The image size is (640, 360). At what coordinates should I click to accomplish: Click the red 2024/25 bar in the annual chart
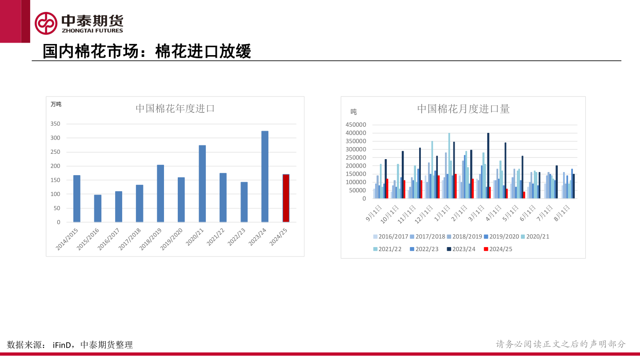(x=286, y=198)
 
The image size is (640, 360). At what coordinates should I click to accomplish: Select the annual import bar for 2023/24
(x=265, y=176)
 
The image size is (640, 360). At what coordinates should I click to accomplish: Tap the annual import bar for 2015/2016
(x=97, y=208)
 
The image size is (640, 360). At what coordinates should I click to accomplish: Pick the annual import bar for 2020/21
(x=202, y=184)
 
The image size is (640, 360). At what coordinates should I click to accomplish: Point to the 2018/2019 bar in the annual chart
(x=160, y=193)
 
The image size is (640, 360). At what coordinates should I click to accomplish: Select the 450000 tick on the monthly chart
(x=355, y=124)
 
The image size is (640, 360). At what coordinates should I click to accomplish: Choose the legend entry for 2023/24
(x=461, y=249)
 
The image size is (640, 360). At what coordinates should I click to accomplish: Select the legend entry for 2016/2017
(x=390, y=236)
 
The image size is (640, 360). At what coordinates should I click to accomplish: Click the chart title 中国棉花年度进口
(x=175, y=108)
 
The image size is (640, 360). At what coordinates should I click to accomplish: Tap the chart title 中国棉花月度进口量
(x=463, y=108)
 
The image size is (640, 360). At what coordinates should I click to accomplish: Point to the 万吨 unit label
(x=56, y=104)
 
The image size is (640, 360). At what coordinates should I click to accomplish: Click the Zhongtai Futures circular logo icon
(x=46, y=23)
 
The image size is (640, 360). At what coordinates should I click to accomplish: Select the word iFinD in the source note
(x=62, y=345)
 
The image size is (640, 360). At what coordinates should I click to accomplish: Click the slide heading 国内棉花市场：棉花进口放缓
(x=147, y=52)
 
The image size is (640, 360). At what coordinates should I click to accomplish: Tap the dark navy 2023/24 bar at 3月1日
(x=488, y=165)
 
